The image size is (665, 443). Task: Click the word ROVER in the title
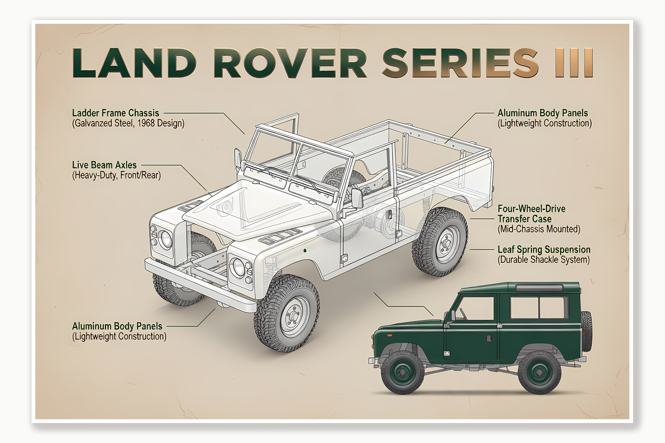290,63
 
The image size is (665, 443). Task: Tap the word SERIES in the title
460,63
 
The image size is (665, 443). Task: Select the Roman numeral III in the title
574,63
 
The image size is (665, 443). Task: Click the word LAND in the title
134,63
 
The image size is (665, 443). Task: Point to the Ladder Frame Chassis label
115,113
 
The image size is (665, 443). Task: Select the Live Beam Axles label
104,165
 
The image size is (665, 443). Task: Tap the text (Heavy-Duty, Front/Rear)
116,175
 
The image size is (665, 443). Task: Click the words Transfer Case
524,219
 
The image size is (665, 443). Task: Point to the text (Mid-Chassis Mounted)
539,229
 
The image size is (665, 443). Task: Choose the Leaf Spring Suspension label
544,249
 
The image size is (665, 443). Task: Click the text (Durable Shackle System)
543,260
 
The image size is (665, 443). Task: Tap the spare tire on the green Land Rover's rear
586,331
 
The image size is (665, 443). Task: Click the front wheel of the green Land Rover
402,372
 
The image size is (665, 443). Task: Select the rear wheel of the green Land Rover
539,372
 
